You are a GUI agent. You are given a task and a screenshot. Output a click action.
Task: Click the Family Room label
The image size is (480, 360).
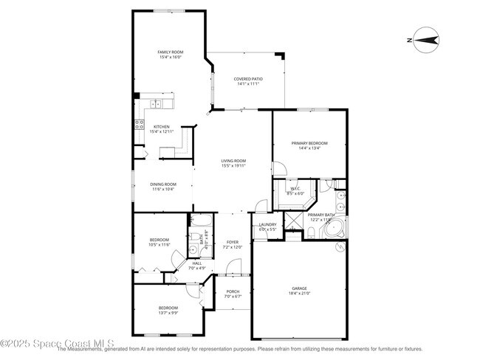click(169, 52)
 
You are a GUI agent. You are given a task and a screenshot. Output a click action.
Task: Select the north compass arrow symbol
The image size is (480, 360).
click(425, 40)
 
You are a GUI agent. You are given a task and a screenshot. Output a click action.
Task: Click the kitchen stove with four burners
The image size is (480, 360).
click(138, 125)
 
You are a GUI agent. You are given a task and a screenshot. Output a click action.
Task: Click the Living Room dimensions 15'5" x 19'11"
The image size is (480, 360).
click(233, 166)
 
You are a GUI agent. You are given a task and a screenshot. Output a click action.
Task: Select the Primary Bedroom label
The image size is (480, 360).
click(309, 143)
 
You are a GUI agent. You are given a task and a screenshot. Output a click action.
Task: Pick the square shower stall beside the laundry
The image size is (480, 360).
click(293, 220)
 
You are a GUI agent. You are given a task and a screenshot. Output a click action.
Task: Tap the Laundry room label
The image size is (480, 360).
click(267, 225)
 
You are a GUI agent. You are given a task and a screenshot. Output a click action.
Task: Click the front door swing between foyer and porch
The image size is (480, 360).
click(234, 267)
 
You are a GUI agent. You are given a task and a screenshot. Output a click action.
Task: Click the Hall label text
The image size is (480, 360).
click(196, 263)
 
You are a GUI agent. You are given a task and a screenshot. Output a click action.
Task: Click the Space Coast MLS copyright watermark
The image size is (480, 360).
click(57, 343)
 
